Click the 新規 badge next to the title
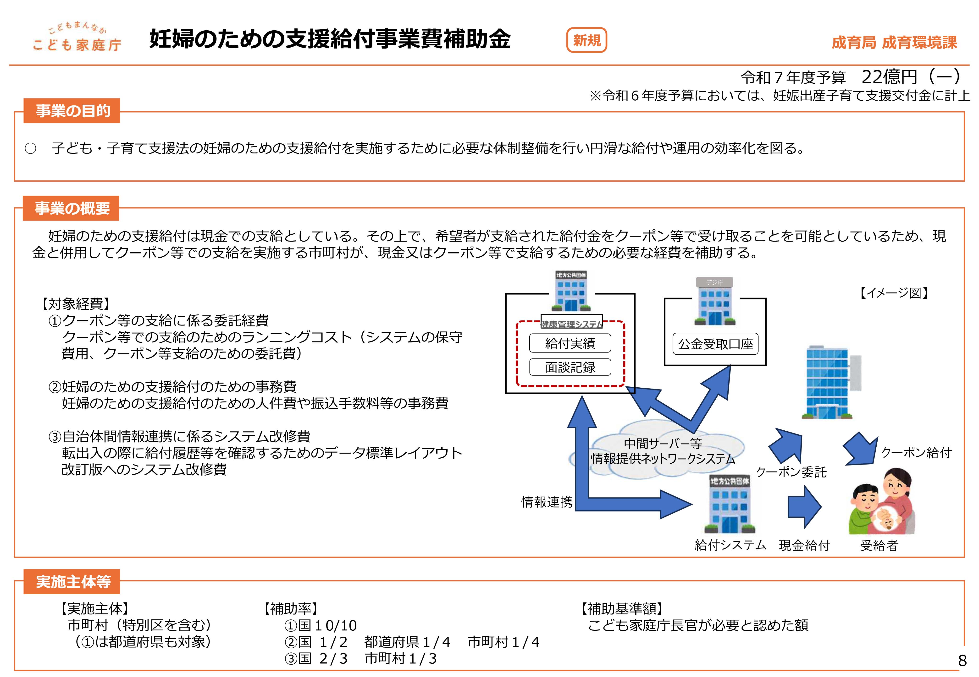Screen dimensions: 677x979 pos(586,41)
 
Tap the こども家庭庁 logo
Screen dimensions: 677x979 pos(77,39)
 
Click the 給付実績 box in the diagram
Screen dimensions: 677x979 pos(570,343)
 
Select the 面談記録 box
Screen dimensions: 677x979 pos(570,367)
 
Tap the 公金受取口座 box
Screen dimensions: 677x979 pos(715,344)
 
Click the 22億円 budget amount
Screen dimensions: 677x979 pos(889,77)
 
